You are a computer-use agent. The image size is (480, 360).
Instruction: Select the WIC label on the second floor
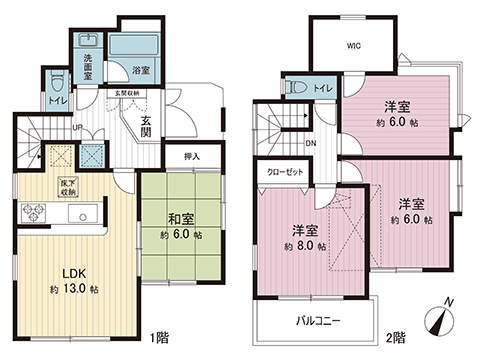point(354,45)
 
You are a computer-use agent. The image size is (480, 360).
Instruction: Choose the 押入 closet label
point(192,157)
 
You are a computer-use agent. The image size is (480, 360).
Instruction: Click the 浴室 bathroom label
point(140,71)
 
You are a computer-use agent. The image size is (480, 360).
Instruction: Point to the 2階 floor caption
point(395,337)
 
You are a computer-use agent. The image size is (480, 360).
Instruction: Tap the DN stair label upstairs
point(311,142)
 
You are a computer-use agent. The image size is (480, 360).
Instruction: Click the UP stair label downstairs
point(78,127)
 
